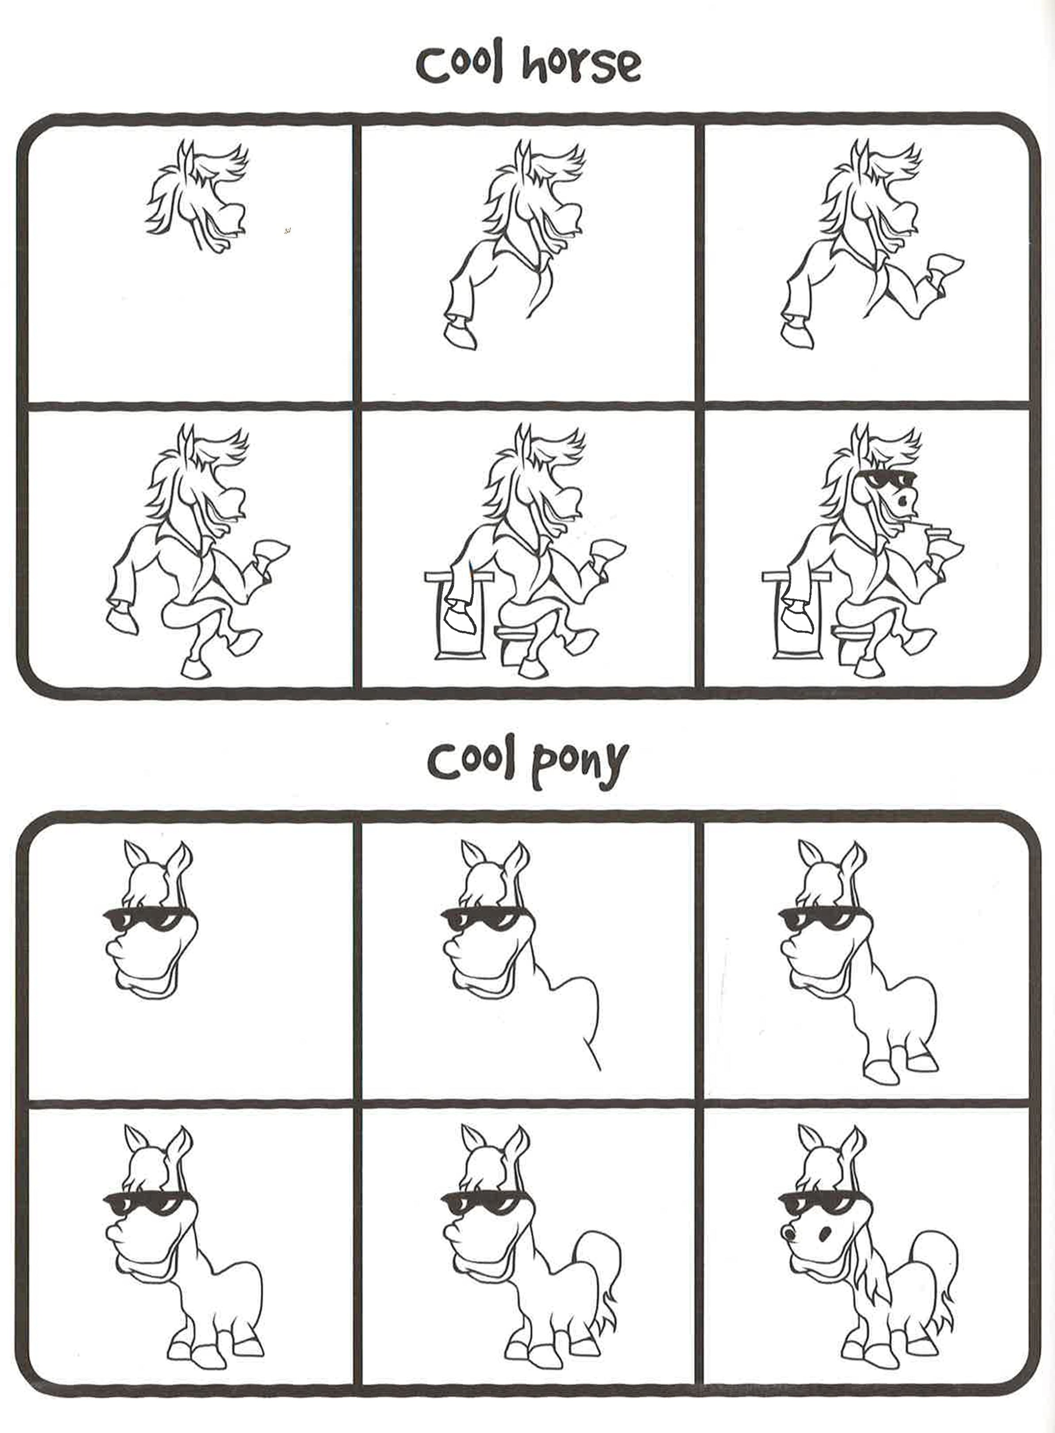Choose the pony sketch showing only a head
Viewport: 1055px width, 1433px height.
[150, 920]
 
